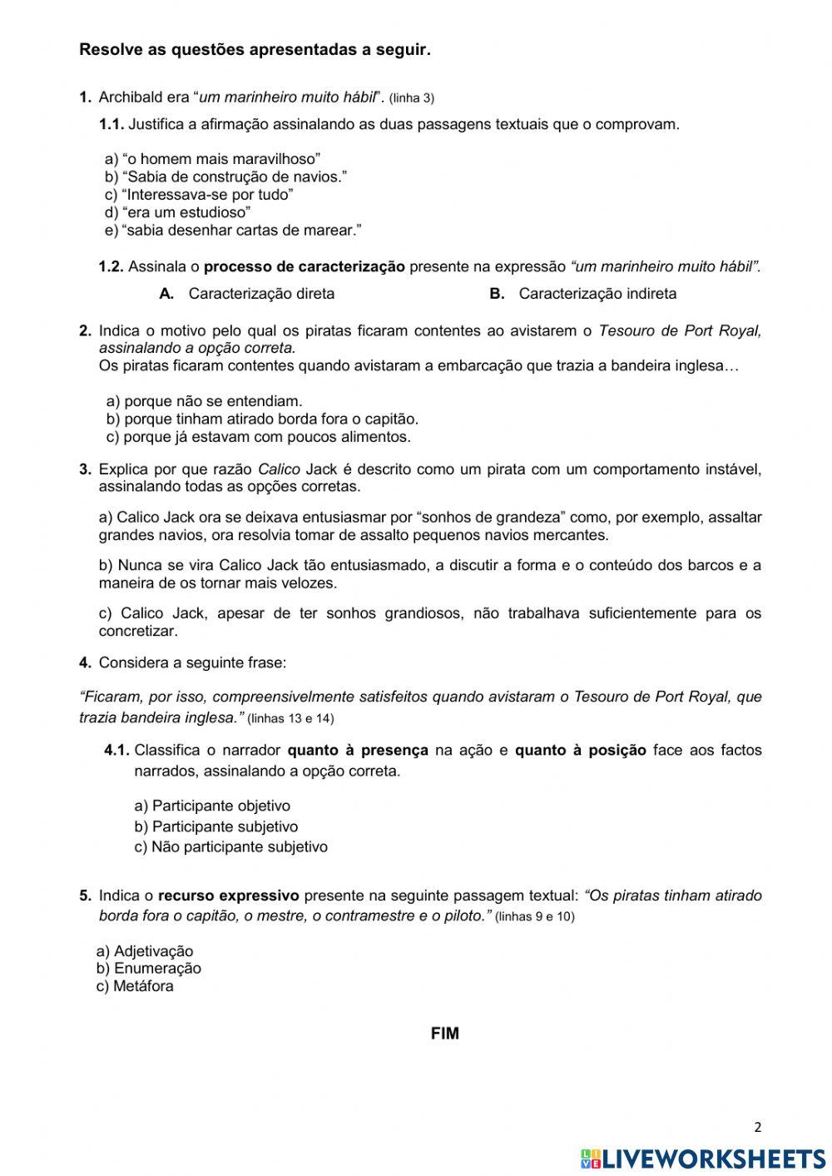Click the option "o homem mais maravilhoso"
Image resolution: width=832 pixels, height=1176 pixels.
[213, 159]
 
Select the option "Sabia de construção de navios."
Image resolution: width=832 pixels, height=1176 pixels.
[225, 176]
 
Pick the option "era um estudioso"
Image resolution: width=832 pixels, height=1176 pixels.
[178, 212]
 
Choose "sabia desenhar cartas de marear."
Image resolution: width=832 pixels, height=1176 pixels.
[233, 230]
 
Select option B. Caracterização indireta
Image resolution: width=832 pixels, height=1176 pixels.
[583, 294]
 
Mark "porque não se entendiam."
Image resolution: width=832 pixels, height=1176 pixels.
[205, 401]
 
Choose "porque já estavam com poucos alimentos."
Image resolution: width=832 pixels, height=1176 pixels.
[259, 437]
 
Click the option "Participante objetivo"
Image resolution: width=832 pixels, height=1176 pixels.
[212, 806]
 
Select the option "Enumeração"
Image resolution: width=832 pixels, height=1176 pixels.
[149, 969]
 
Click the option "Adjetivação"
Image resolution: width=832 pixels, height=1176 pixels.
[145, 951]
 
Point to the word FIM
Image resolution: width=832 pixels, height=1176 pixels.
[445, 1034]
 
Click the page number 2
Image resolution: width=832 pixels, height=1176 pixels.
[757, 1128]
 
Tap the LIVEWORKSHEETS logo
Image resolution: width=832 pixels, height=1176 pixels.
[703, 1159]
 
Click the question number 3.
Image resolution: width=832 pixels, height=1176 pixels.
[85, 469]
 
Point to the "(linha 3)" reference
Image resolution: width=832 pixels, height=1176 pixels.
[411, 98]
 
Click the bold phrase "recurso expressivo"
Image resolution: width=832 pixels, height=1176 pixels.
[228, 896]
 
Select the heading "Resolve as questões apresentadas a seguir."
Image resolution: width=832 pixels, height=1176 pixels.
[255, 50]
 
